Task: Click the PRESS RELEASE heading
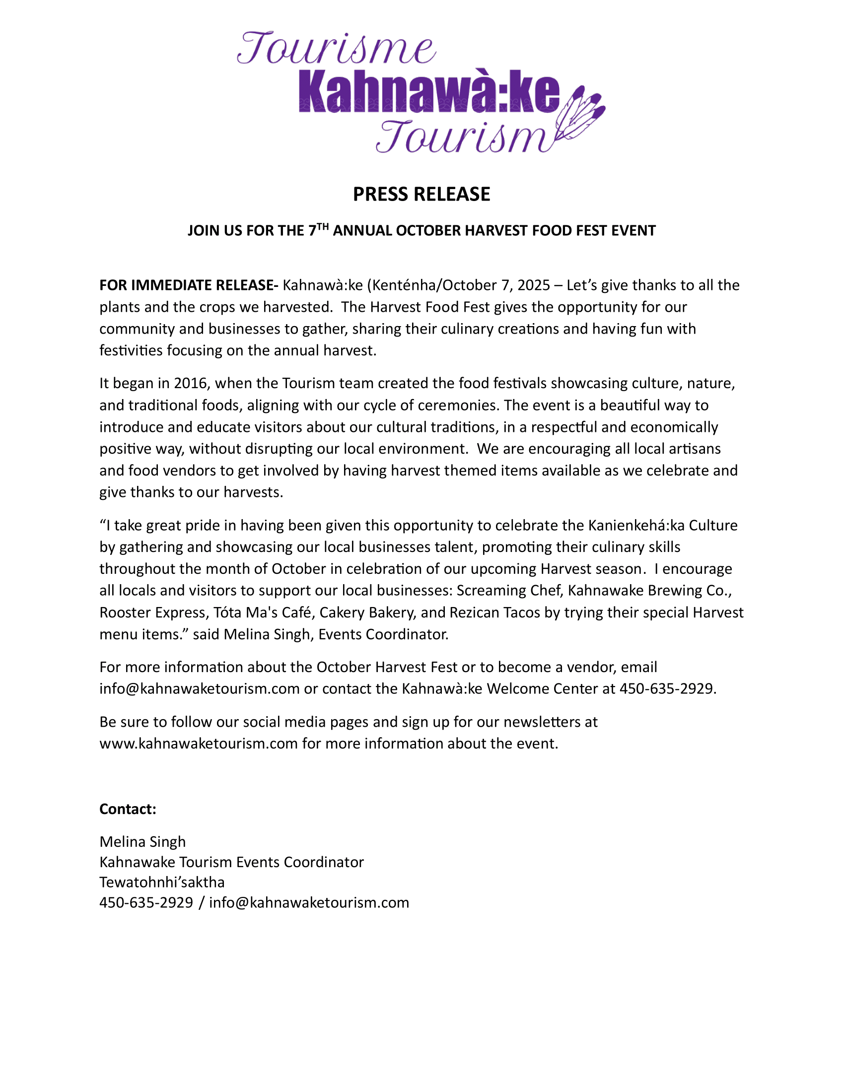click(x=422, y=194)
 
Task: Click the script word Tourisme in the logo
click(x=336, y=50)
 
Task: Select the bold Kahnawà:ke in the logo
click(x=429, y=93)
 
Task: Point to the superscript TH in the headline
click(x=323, y=226)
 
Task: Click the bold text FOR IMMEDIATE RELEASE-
click(x=189, y=285)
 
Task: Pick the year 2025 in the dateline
click(x=534, y=285)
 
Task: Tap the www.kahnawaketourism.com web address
click(x=199, y=744)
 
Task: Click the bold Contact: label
click(x=128, y=809)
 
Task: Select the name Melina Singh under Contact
click(x=142, y=841)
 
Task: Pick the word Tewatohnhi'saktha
click(x=162, y=882)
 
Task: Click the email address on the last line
click(x=309, y=902)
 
